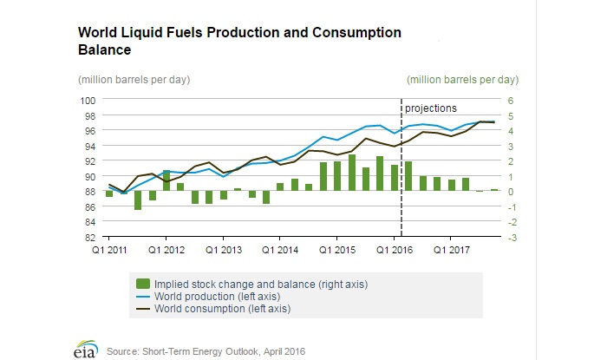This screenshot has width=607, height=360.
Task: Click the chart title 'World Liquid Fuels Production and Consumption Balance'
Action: (239, 41)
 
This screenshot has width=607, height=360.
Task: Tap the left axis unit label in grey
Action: (134, 80)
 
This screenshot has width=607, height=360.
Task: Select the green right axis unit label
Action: (462, 80)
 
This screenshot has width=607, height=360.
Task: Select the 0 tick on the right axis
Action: (512, 191)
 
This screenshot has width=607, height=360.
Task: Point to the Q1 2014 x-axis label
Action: (280, 251)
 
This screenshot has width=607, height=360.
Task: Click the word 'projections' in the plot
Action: (431, 108)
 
